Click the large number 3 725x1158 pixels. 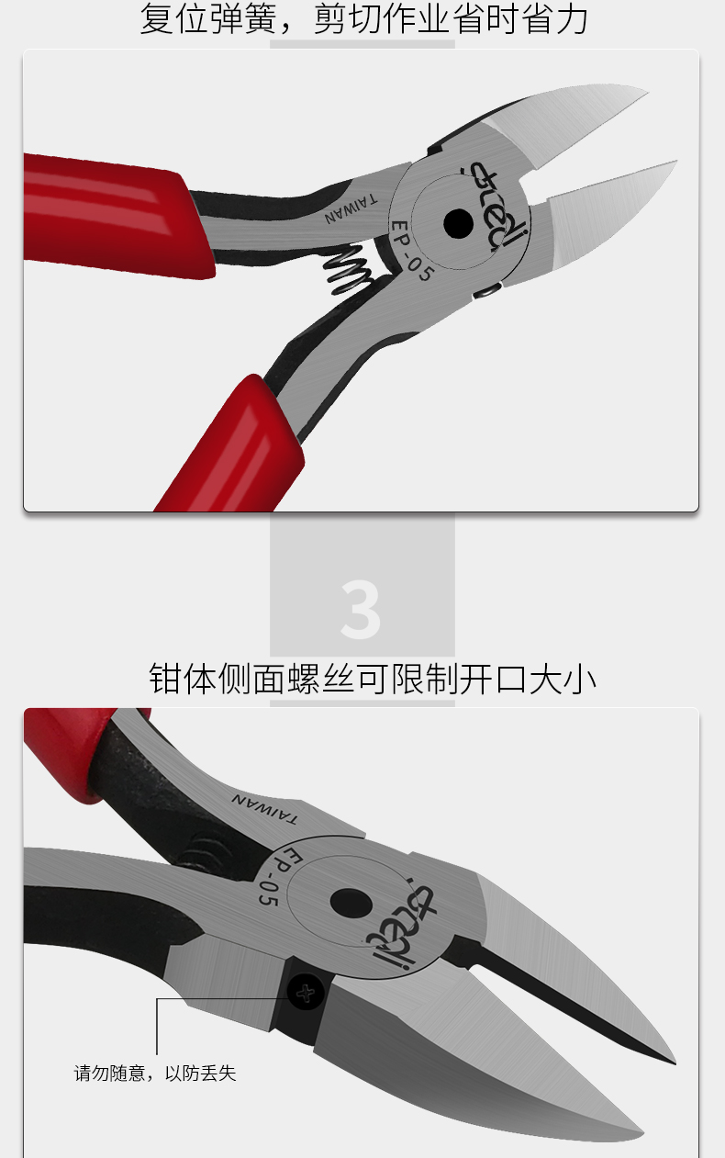click(361, 609)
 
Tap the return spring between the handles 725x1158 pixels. click(347, 271)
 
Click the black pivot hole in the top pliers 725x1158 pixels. click(458, 223)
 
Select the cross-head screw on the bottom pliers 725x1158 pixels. click(306, 993)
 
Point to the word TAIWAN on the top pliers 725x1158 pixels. click(351, 208)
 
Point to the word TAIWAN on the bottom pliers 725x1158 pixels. click(264, 808)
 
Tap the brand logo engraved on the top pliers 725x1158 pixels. click(495, 206)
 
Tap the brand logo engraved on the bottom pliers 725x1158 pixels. click(400, 928)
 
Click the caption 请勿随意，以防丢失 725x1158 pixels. click(155, 1074)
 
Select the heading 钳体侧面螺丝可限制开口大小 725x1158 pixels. click(372, 679)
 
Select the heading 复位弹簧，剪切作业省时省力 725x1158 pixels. click(363, 18)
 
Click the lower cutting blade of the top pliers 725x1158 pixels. click(609, 215)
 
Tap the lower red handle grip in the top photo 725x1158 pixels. click(231, 445)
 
